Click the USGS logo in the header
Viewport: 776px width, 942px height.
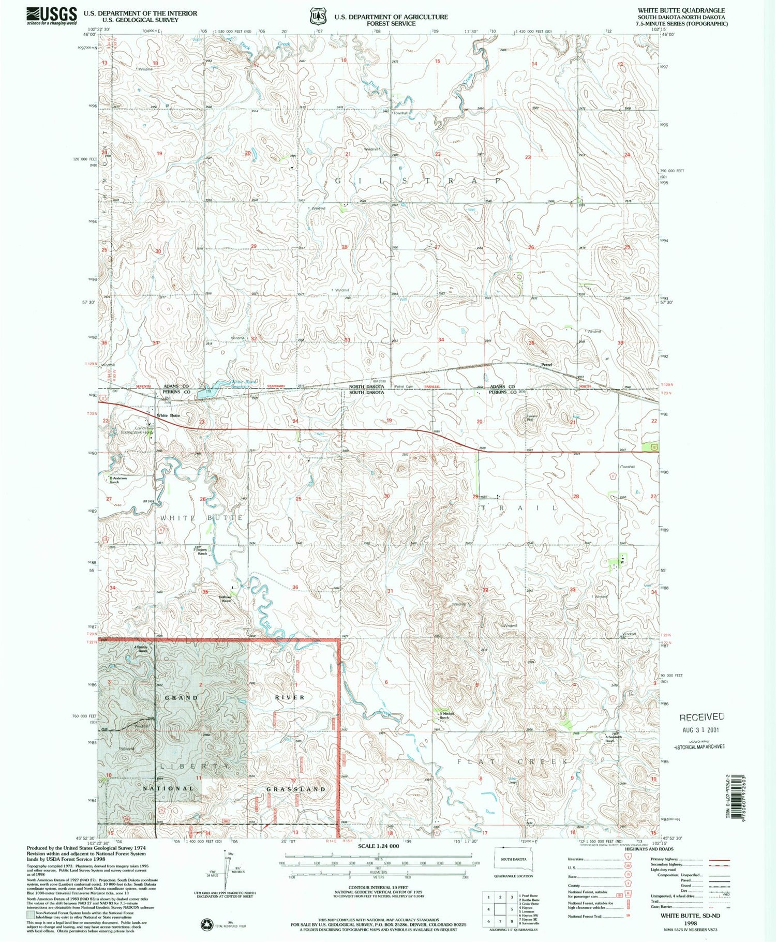[x=51, y=16]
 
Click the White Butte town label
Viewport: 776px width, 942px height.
[x=169, y=415]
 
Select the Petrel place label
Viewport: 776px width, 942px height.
[x=547, y=365]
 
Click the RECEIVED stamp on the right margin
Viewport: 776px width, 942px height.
[x=702, y=717]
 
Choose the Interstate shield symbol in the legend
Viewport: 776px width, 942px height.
[x=629, y=859]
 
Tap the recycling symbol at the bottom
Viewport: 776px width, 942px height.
[x=206, y=923]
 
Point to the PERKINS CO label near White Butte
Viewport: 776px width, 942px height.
[x=177, y=392]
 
